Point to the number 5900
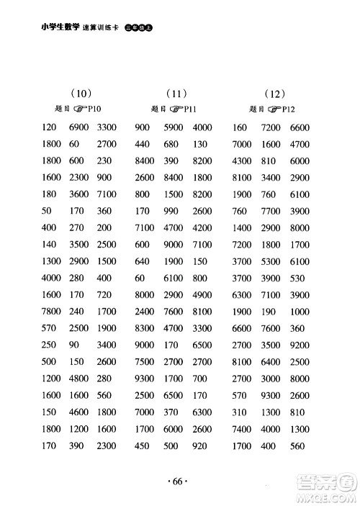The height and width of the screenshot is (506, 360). point(174,127)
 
